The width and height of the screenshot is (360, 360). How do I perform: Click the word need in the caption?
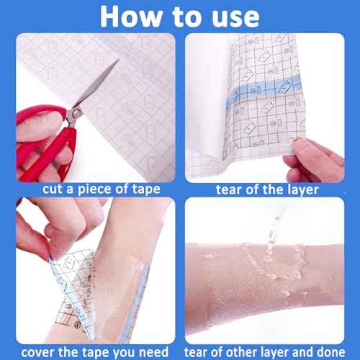click(156, 351)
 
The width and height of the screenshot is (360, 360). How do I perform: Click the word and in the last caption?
click(310, 351)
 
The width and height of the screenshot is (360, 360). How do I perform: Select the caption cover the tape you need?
click(90, 351)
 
